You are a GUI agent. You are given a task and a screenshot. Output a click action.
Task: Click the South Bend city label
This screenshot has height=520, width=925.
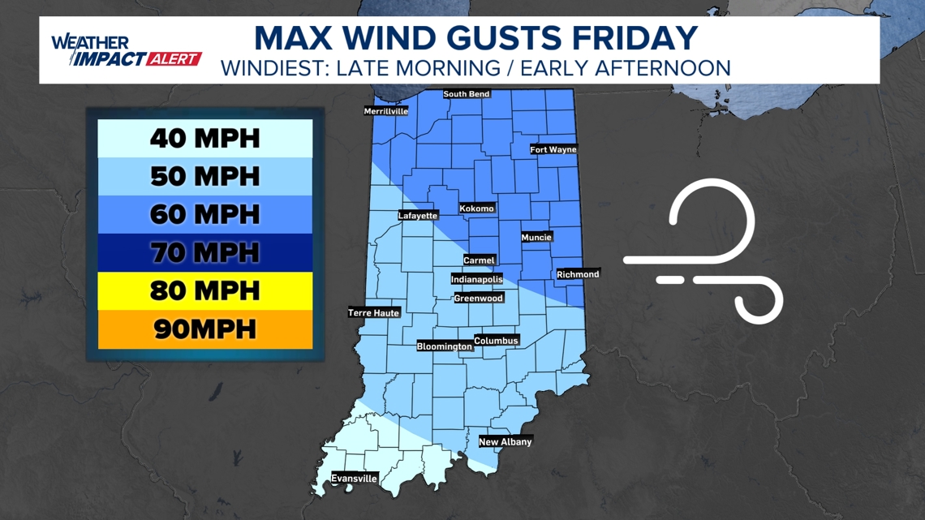tap(467, 94)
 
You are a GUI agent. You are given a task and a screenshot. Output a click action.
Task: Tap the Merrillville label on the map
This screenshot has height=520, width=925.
tap(385, 111)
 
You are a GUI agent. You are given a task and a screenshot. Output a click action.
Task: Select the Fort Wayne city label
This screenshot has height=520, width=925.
tap(553, 149)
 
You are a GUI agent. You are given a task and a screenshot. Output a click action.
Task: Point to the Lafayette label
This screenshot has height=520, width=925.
tap(418, 216)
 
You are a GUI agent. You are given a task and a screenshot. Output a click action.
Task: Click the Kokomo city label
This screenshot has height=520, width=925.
tap(476, 208)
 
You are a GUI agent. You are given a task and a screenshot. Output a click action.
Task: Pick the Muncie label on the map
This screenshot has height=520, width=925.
tap(536, 238)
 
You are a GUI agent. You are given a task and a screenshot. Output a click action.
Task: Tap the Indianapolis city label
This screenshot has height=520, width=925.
tap(477, 279)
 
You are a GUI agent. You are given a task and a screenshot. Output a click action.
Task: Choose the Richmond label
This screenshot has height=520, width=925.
tap(578, 274)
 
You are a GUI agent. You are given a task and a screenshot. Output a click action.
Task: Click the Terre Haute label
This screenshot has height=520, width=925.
tap(374, 313)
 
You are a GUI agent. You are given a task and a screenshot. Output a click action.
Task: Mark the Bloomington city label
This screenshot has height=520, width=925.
tap(444, 346)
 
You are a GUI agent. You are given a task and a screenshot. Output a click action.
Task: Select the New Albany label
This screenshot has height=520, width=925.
tap(506, 442)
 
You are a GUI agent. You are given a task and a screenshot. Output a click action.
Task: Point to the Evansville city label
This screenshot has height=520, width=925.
tap(354, 479)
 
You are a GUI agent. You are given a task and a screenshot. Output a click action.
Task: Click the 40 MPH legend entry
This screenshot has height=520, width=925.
tap(205, 139)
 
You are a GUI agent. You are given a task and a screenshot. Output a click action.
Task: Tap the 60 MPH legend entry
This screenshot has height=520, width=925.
tap(205, 215)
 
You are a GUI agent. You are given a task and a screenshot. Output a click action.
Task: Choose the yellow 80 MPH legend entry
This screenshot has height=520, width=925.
tap(205, 290)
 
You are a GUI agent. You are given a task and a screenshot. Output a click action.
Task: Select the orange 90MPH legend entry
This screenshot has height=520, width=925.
tap(205, 329)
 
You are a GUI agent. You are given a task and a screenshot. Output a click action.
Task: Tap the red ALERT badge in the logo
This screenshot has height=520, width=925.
tap(173, 59)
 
